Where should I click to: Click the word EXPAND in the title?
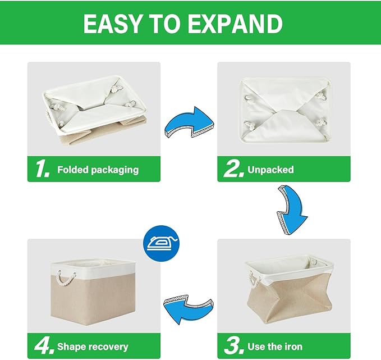pos(238,24)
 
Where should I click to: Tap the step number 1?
pos(42,168)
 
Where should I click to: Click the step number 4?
pos(43,346)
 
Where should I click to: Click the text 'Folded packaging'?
pos(98,169)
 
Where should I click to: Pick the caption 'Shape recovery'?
pos(93,347)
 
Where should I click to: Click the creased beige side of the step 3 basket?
pos(283,307)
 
